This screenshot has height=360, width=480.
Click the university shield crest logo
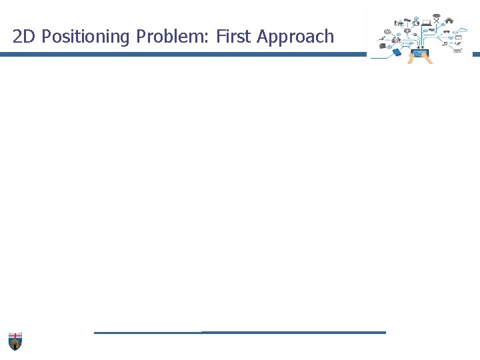[x=15, y=340]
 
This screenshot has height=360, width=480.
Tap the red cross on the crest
[x=15, y=335]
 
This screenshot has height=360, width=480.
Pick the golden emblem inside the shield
[x=15, y=344]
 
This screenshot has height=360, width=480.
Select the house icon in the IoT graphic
[x=449, y=20]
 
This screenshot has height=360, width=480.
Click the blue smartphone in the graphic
[x=397, y=52]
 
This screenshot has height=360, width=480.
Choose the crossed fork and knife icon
[x=436, y=20]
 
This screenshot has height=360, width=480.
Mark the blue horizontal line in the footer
[x=240, y=332]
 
